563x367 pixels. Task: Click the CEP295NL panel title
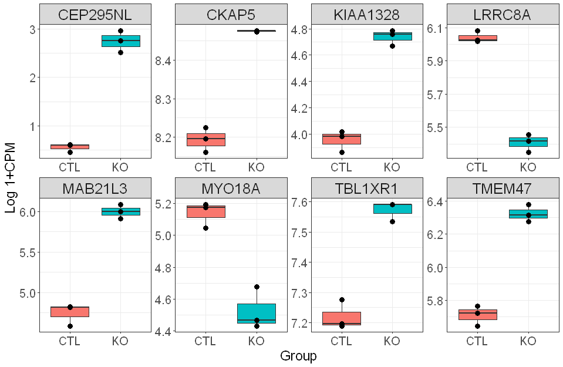click(95, 15)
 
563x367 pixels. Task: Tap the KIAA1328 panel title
click(367, 15)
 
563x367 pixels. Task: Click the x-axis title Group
click(298, 356)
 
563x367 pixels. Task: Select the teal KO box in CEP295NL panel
click(120, 41)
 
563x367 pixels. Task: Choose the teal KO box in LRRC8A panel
click(528, 142)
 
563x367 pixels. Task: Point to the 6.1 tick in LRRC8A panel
click(432, 28)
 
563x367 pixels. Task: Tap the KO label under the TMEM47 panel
click(528, 341)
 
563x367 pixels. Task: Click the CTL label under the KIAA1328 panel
click(342, 167)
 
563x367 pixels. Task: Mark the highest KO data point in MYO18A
click(257, 287)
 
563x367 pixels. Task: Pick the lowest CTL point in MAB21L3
click(70, 326)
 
